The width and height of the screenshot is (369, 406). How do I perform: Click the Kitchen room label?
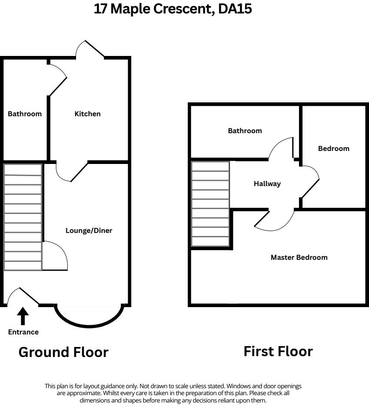[x=87, y=114]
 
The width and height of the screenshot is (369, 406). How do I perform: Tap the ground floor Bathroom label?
[x=25, y=114]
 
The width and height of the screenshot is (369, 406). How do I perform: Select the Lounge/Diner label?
[x=89, y=230]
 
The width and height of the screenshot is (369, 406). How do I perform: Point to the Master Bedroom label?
[x=299, y=257]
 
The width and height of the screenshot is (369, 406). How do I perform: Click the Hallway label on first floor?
[x=267, y=183]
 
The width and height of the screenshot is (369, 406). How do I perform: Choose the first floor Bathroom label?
[x=245, y=131]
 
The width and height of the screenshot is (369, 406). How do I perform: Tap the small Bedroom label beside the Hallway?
[x=333, y=148]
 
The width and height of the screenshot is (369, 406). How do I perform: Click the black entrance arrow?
[x=23, y=317]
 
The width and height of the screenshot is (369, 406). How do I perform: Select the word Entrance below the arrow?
[x=23, y=332]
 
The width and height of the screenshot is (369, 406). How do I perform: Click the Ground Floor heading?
[x=63, y=352]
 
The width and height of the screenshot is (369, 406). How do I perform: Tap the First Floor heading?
[x=278, y=351]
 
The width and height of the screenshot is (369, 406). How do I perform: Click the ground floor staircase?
[x=23, y=217]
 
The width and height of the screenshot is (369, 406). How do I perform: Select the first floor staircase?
[x=210, y=204]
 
